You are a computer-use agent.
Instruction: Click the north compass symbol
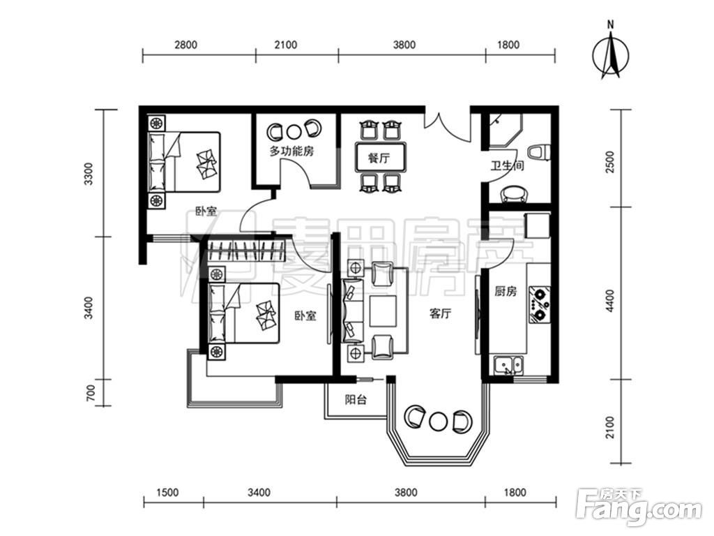coord(611,56)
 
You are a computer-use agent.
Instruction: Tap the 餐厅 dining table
coord(380,157)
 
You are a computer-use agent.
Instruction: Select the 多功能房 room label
coord(291,151)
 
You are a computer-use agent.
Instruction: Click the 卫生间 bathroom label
coord(507,165)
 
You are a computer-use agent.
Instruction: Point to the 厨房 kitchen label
coord(506,291)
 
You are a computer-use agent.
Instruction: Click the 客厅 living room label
coord(440,313)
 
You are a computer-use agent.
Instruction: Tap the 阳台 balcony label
coord(356,400)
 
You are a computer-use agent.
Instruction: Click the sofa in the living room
coord(353,311)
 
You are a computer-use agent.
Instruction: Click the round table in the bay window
coord(438,419)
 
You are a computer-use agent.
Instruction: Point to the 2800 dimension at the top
coord(185,45)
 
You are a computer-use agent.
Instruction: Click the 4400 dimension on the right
coord(611,300)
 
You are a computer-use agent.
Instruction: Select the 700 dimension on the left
coord(90,392)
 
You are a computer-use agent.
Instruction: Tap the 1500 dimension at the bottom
coord(167,492)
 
